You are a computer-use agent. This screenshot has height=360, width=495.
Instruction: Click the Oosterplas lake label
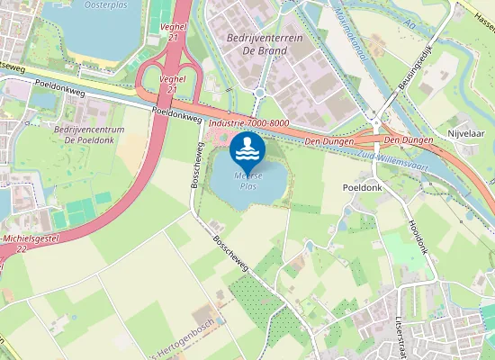[107, 4]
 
